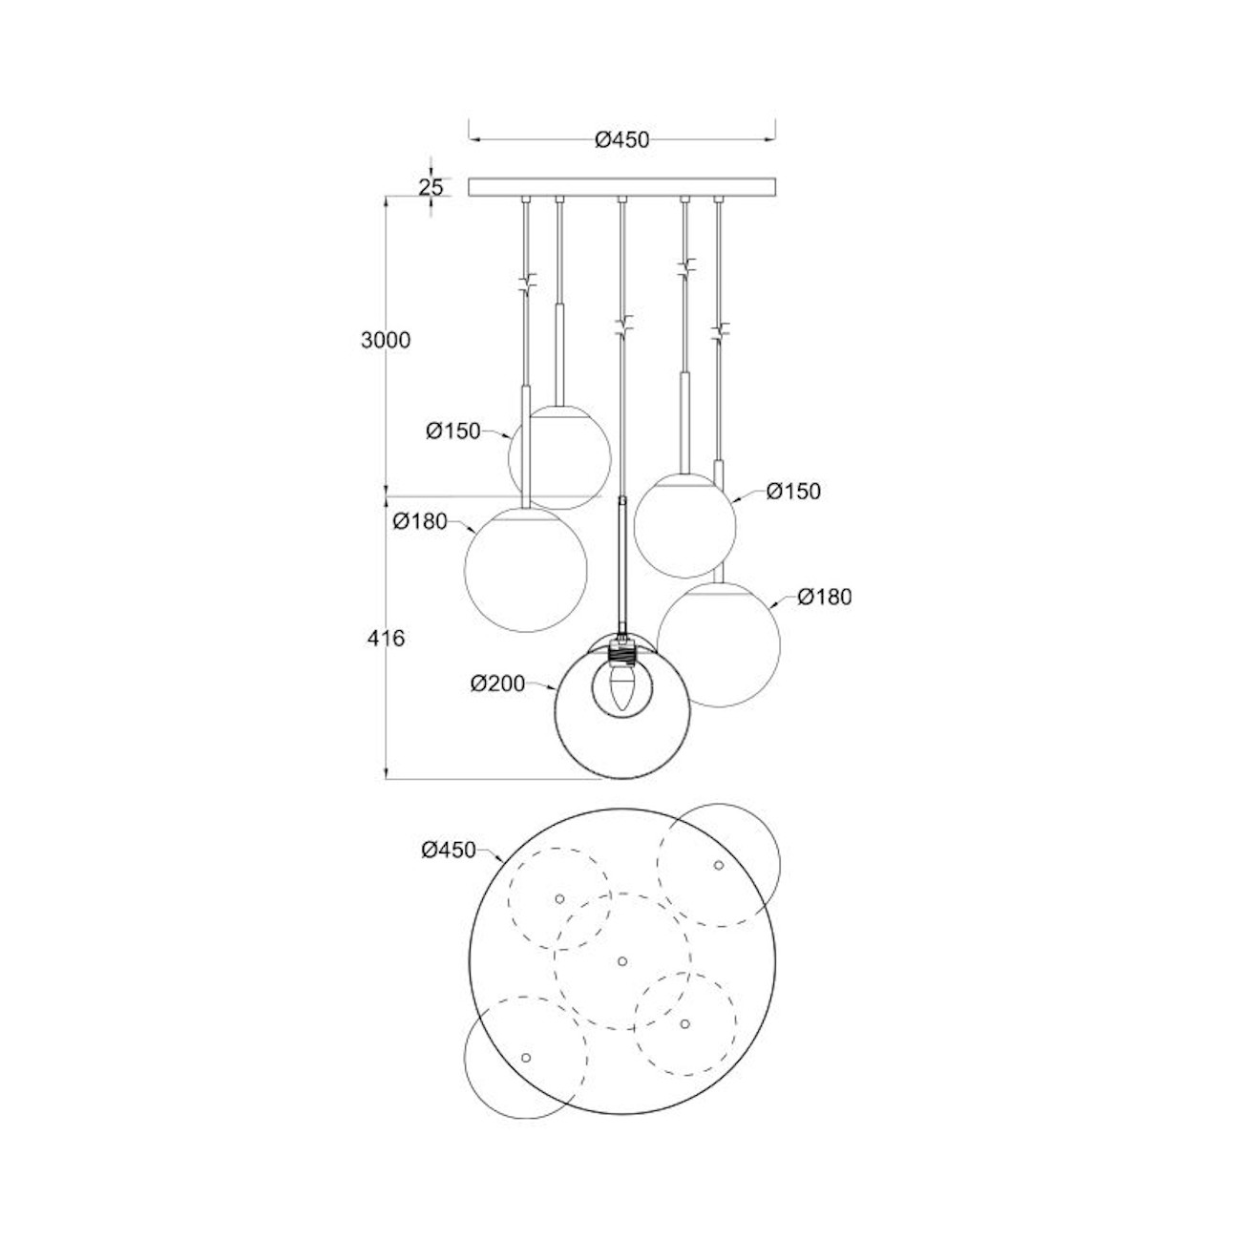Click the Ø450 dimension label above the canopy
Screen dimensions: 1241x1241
621,140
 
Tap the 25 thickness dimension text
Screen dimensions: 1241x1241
431,186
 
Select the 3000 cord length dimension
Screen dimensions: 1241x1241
386,340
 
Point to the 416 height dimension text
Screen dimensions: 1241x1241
386,638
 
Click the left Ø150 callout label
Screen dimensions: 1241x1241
452,431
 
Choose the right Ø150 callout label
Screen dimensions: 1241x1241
793,492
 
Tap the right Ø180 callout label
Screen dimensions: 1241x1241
824,597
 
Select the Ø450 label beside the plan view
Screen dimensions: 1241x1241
448,850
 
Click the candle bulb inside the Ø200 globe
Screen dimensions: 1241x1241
621,689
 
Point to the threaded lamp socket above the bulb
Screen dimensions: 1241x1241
621,655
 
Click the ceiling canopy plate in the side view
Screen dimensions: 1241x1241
623,187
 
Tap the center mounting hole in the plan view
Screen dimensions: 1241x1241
621,960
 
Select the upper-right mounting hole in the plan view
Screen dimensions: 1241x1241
718,865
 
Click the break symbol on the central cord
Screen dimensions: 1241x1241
622,326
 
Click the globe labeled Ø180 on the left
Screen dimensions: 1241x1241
525,569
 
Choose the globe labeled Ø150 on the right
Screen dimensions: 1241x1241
684,525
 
